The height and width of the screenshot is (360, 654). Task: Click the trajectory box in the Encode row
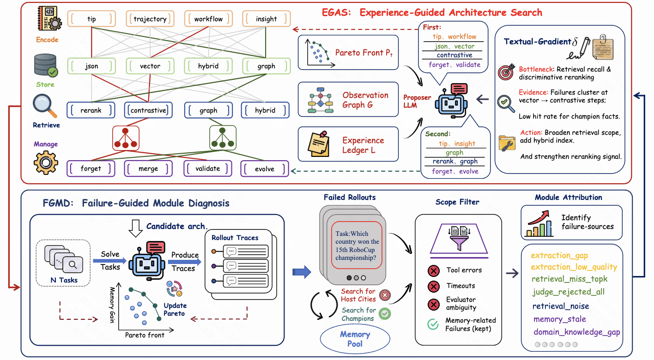point(150,19)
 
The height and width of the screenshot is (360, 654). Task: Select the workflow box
point(208,19)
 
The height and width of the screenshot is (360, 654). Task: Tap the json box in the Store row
point(91,66)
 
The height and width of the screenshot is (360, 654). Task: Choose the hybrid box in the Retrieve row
point(265,110)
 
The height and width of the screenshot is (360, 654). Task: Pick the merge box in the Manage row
point(148,168)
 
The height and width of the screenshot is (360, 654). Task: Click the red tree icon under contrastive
point(126,138)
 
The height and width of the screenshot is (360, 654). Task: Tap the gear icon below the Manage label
point(46,162)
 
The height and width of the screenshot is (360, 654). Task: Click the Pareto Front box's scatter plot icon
point(320,53)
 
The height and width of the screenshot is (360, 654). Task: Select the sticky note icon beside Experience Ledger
point(319,144)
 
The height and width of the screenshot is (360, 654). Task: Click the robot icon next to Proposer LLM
point(451,101)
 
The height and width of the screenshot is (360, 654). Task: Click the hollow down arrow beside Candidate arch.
point(135,228)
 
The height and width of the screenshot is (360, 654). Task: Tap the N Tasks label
point(64,280)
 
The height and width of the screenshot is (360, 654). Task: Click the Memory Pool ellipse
point(355,339)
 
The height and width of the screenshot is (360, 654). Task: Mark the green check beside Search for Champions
point(385,313)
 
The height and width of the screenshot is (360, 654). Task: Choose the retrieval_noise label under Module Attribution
point(561,306)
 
